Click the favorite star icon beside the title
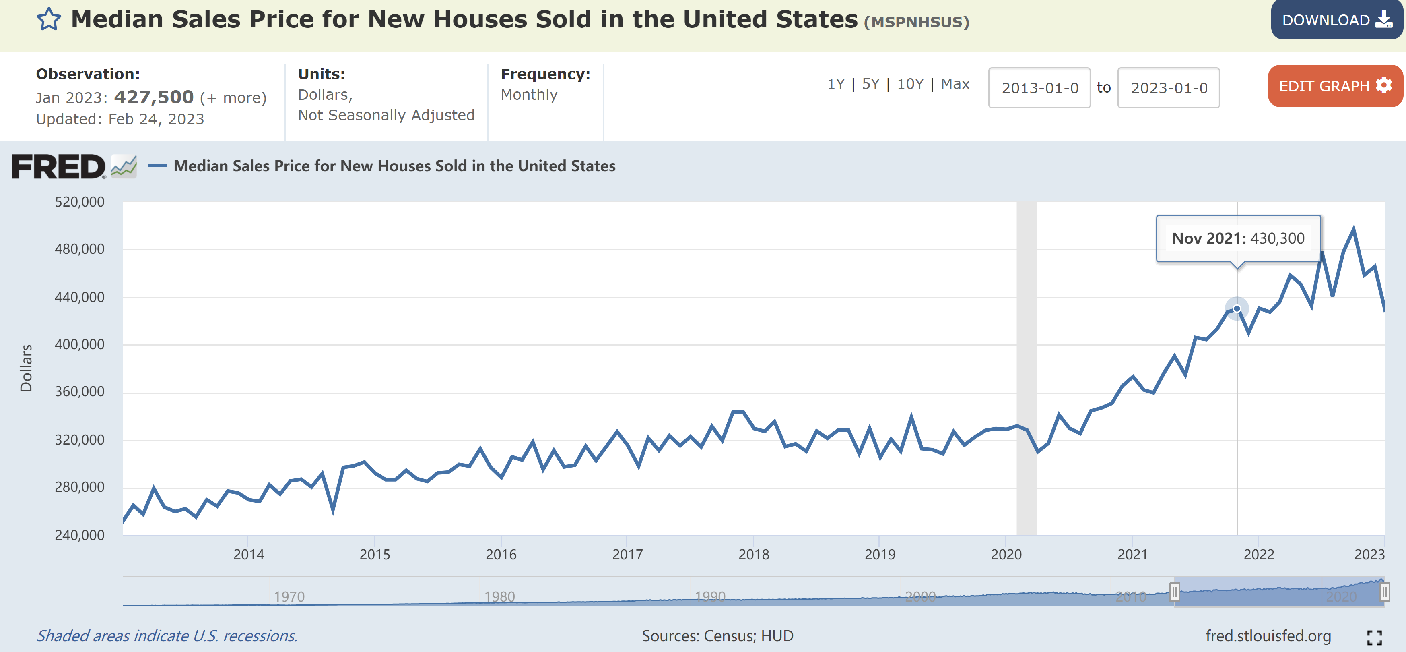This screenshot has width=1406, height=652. pos(49,20)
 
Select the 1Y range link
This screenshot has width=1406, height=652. pos(836,84)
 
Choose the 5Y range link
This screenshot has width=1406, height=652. pos(870,84)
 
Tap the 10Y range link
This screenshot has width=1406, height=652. pos(910,84)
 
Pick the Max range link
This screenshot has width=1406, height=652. pos(955,84)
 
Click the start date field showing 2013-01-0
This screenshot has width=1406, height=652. pos(1039,88)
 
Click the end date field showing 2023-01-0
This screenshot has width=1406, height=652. pos(1168,88)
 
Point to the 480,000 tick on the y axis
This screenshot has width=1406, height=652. pos(80,249)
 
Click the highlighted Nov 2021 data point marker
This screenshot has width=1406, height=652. pos(1237,308)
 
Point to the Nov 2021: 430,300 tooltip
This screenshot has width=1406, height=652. pos(1238,239)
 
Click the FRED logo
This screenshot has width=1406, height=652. pos(59,167)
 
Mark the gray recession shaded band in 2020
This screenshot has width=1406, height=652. pos(1026,368)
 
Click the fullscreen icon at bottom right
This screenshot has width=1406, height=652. pos(1374,637)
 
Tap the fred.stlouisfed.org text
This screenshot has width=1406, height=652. pos(1268,635)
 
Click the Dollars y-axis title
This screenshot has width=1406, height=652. pos(26,368)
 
